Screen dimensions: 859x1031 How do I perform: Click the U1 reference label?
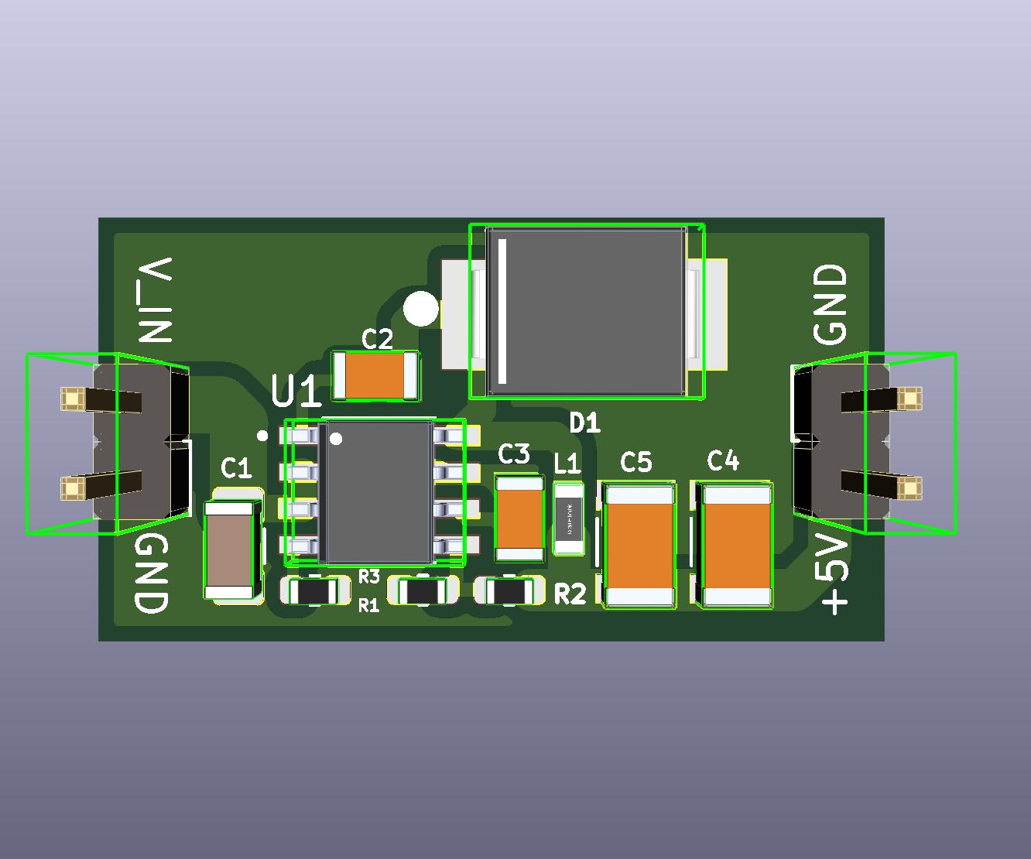[x=296, y=392]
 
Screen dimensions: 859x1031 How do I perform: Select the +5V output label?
[x=834, y=575]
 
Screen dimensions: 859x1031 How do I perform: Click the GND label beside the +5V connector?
[x=831, y=304]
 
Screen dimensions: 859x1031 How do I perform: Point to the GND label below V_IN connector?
[x=152, y=573]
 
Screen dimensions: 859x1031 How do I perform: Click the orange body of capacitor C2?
[x=375, y=375]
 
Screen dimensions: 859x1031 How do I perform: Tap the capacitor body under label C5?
[x=639, y=546]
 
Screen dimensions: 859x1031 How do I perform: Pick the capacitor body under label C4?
[x=737, y=545]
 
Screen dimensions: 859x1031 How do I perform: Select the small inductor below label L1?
[x=569, y=518]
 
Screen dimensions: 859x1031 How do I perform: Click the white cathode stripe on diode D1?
[x=502, y=311]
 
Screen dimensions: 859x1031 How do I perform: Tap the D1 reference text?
[x=585, y=423]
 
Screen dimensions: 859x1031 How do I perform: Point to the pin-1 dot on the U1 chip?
[x=336, y=440]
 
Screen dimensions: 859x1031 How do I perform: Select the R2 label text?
[x=570, y=594]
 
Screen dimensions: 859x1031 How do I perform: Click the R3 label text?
[x=369, y=577]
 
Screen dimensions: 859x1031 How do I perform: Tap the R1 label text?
[x=368, y=606]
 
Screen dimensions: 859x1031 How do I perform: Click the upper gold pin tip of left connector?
[x=72, y=399]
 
